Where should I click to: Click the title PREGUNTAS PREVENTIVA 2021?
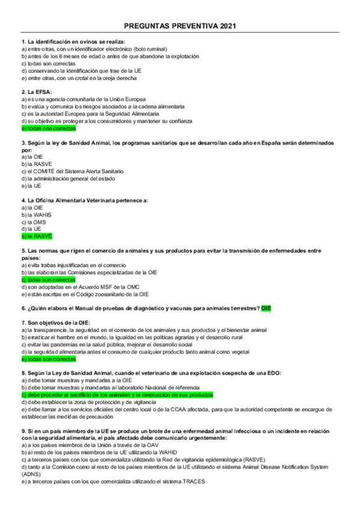pyautogui.click(x=180, y=26)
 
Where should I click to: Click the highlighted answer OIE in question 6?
pyautogui.click(x=266, y=308)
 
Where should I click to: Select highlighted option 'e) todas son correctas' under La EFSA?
pyautogui.click(x=49, y=129)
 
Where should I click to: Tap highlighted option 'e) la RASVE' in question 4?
pyautogui.click(x=37, y=236)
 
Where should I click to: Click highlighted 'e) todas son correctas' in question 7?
pyautogui.click(x=49, y=359)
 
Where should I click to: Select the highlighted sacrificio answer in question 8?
pyautogui.click(x=117, y=395)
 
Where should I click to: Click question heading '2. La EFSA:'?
pyautogui.click(x=36, y=91)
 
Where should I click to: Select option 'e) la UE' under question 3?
pyautogui.click(x=31, y=186)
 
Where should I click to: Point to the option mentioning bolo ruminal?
pyautogui.click(x=94, y=49)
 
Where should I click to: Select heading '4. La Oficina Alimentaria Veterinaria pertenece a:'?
pyautogui.click(x=85, y=200)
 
